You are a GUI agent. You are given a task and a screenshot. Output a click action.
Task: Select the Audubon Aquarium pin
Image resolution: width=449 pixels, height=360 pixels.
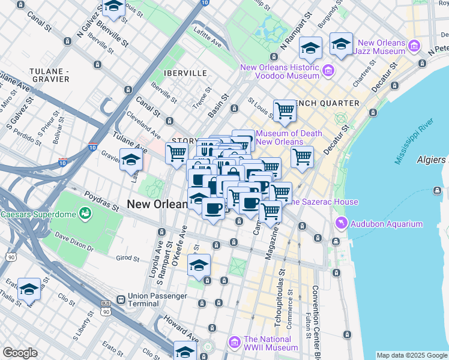coord(342,224)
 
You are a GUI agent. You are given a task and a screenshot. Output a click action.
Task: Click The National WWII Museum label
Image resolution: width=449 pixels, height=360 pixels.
coord(270,343)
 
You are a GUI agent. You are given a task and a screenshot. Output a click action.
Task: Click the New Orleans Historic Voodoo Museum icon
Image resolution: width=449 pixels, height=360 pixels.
coord(328,71)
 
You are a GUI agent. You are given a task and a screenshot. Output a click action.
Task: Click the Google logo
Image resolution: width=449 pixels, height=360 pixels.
coord(20,353)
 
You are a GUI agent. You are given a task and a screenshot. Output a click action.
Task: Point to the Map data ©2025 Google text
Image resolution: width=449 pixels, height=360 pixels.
coord(411,355)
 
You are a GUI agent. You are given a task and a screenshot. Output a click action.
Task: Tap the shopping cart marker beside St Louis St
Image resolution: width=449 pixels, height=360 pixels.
coord(285,110)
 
